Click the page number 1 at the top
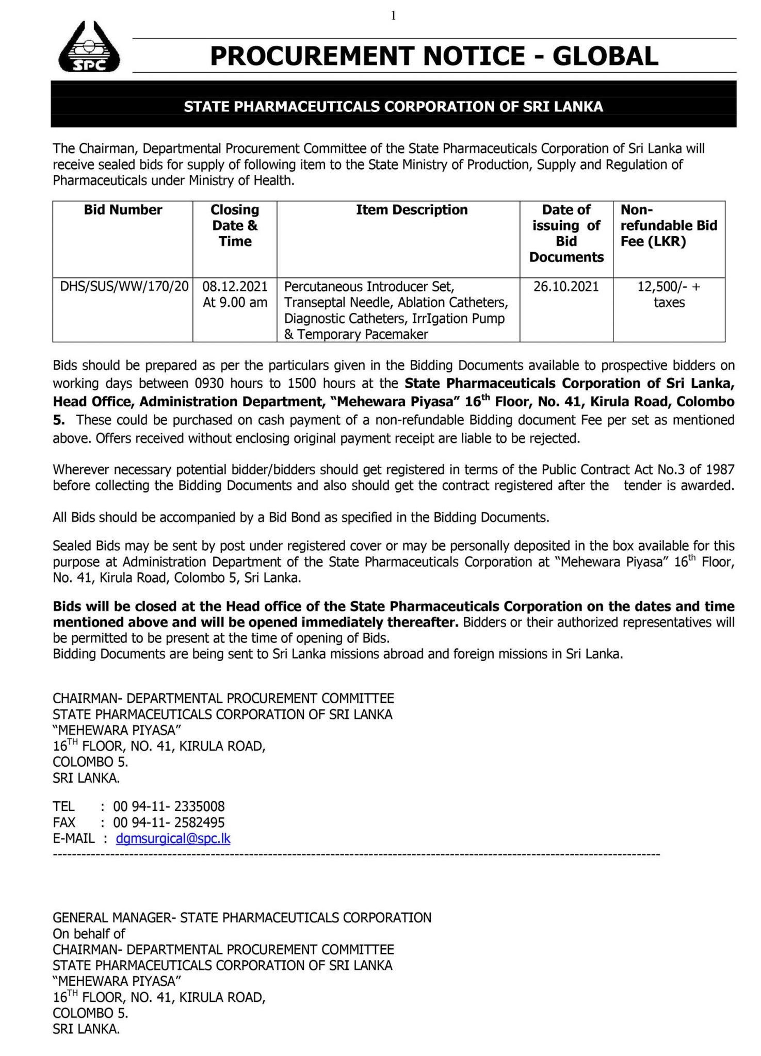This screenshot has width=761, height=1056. (x=394, y=16)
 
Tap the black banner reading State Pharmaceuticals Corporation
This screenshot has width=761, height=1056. (x=393, y=107)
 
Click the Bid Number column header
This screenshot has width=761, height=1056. (x=123, y=210)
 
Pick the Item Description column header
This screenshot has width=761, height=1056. (x=412, y=210)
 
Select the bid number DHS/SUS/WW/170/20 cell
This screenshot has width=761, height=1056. (x=124, y=287)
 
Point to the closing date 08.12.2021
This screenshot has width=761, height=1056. (x=235, y=287)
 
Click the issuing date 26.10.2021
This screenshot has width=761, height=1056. (x=566, y=287)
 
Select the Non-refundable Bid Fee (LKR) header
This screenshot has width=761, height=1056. (x=668, y=225)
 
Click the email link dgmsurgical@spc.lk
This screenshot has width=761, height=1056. (x=173, y=838)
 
